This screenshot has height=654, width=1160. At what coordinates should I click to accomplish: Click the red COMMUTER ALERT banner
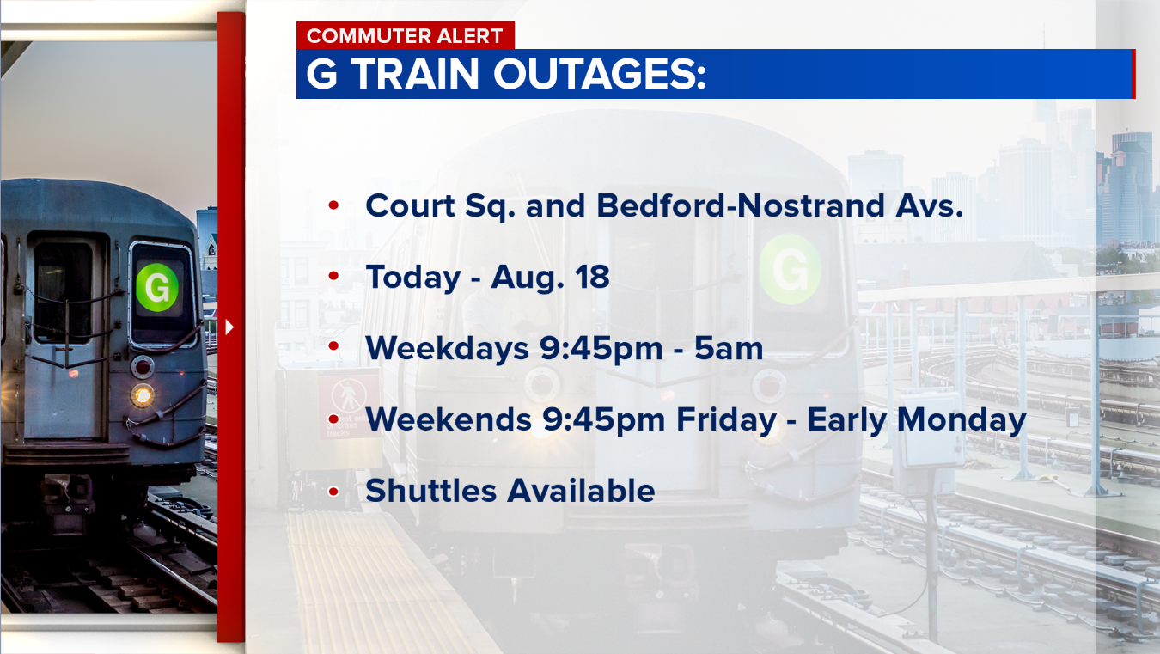click(405, 36)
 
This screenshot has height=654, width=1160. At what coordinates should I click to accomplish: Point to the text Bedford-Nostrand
click(740, 206)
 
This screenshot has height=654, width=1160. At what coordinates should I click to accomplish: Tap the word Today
click(412, 278)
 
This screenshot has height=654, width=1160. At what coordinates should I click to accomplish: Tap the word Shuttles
click(431, 491)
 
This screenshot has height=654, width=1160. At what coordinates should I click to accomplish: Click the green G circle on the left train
click(157, 286)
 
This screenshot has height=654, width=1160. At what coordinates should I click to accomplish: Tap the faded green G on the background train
click(790, 270)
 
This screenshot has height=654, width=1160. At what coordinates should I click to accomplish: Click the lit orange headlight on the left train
click(143, 395)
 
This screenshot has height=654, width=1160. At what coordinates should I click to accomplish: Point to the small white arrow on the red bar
click(229, 327)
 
